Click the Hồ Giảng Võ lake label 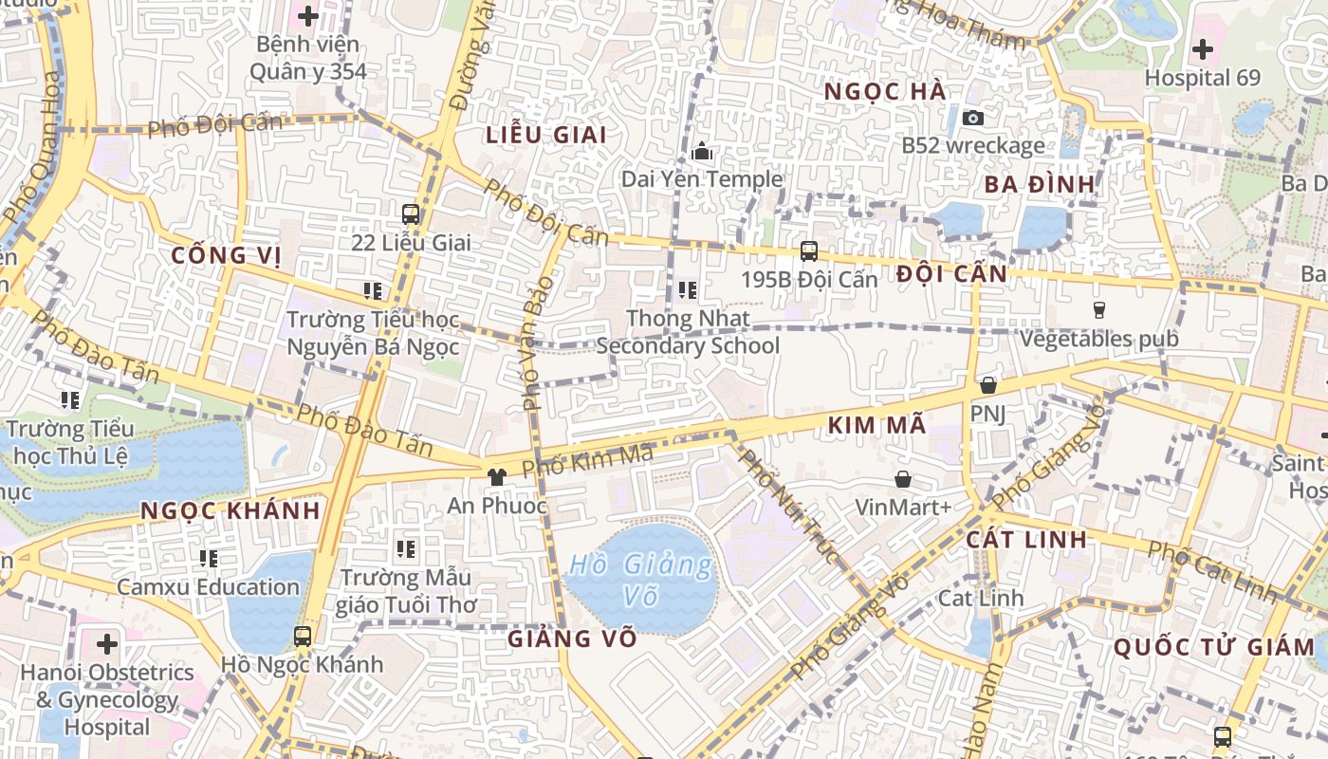tap(640, 580)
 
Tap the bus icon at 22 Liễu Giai tap(411, 214)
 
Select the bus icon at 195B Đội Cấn tap(808, 251)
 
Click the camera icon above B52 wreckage tap(972, 118)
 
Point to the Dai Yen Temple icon tap(702, 151)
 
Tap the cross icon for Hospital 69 tap(1202, 49)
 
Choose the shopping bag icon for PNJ tap(987, 385)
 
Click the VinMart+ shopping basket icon tap(903, 479)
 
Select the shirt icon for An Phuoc tap(496, 476)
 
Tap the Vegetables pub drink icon tap(1098, 310)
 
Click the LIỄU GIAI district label tap(545, 135)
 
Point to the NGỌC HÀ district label tap(885, 92)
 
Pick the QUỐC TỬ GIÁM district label tap(1213, 648)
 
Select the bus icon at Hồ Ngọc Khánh tap(303, 637)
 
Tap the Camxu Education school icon tap(209, 559)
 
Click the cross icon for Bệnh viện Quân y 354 tap(308, 16)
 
